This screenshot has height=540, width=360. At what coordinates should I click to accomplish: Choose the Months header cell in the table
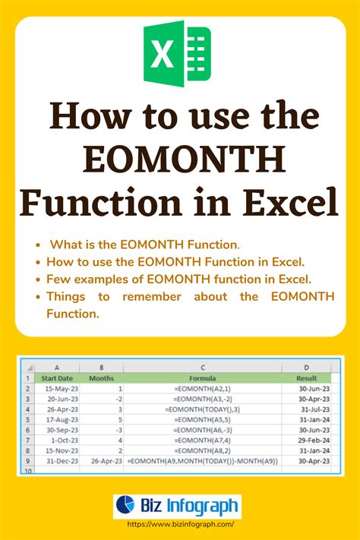[x=101, y=377]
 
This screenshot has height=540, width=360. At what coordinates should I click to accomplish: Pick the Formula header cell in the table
[x=203, y=377]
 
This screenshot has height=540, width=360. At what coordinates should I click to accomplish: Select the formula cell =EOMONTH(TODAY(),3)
[x=203, y=409]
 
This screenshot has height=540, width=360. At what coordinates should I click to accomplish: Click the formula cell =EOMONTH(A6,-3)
[x=203, y=429]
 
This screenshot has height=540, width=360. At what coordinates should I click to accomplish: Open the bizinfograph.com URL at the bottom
[x=180, y=524]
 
